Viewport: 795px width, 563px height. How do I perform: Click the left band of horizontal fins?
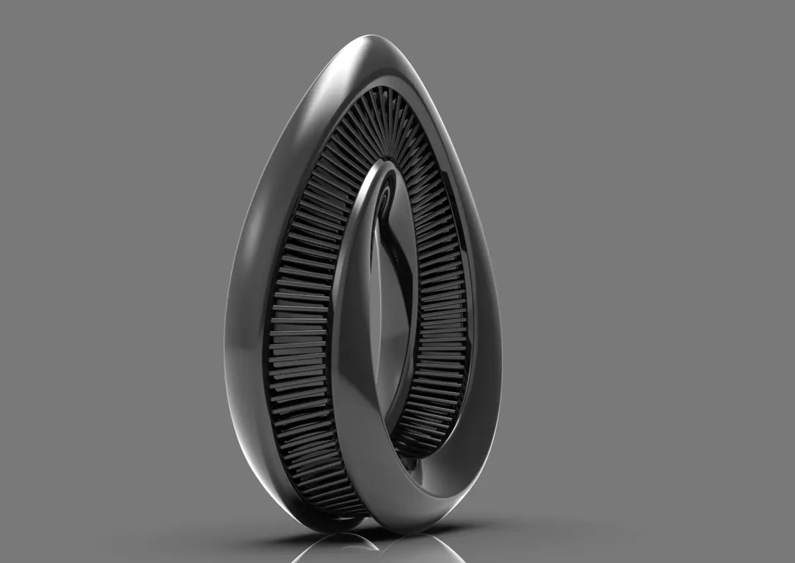(298, 318)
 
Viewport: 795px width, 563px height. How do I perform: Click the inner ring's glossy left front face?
(351, 332)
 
